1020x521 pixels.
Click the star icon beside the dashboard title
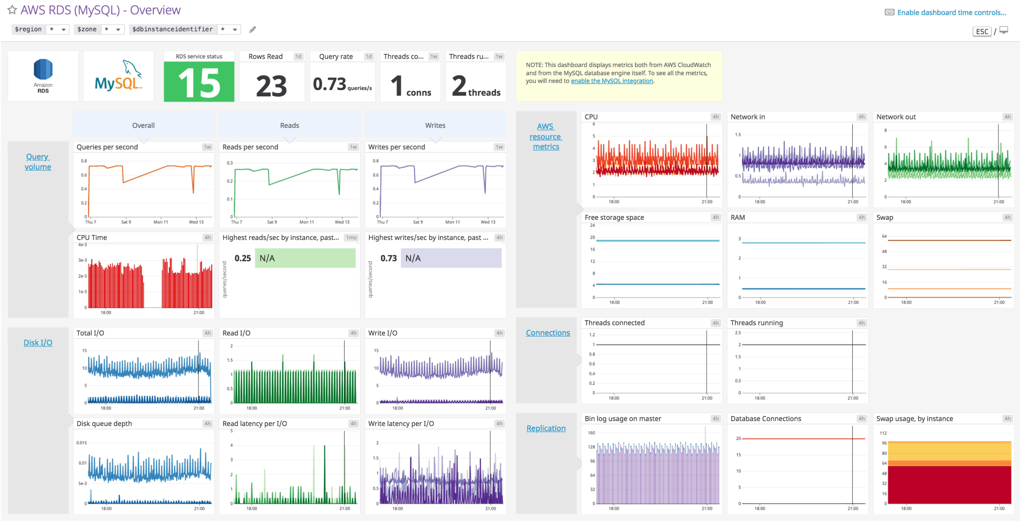(x=12, y=10)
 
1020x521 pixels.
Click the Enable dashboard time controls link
(x=951, y=13)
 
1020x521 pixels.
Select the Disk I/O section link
(x=38, y=342)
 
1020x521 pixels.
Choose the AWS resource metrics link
(x=546, y=137)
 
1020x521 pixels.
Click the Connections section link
(x=548, y=333)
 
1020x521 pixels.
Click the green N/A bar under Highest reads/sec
(x=305, y=258)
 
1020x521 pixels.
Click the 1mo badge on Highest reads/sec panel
(x=351, y=238)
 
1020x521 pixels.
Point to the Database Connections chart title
(x=765, y=418)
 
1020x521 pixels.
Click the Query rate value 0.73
(x=329, y=84)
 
